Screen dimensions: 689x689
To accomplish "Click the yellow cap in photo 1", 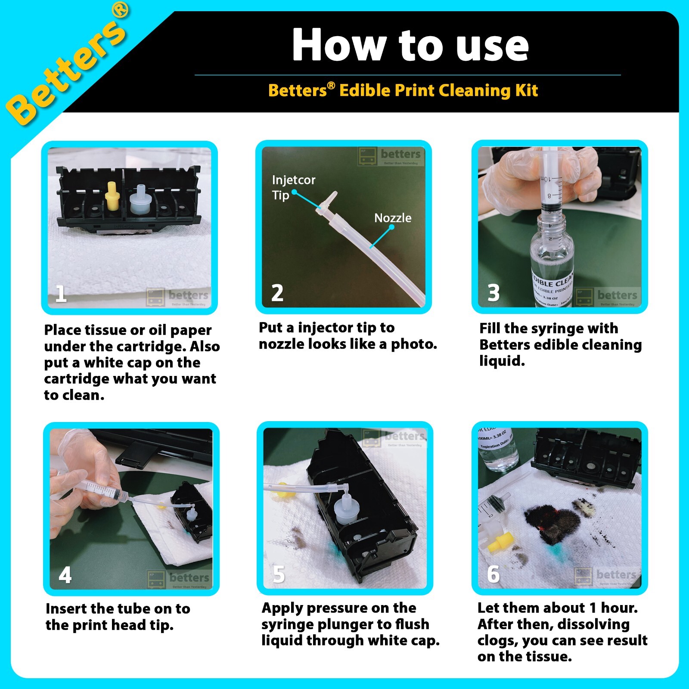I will (111, 197).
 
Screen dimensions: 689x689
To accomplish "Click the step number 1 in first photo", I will (61, 294).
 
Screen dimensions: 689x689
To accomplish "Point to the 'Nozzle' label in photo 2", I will (392, 218).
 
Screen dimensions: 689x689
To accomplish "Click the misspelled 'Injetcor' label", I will (293, 180).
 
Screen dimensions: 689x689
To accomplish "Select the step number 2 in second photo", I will (277, 293).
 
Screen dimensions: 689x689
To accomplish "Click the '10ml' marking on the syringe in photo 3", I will (545, 179).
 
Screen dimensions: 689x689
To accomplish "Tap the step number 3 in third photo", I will (493, 293).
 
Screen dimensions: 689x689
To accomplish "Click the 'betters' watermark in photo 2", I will (400, 154).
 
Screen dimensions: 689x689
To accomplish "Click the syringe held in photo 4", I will (106, 491).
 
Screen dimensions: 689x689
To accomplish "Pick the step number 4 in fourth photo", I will (65, 574).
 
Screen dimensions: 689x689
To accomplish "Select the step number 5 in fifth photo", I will (279, 574).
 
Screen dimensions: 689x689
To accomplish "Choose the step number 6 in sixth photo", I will (493, 574).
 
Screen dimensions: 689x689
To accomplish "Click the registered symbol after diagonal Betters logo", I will (121, 9).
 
